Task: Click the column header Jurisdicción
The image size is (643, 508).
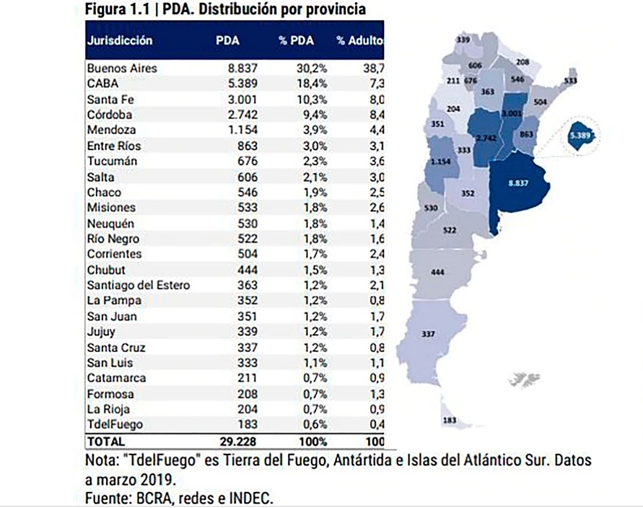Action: pos(119,41)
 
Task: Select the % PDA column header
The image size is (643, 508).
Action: pos(297,41)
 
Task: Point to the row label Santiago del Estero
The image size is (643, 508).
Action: pos(138,285)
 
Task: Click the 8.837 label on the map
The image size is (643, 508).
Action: pos(518,183)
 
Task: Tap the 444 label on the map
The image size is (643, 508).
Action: pos(437,272)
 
